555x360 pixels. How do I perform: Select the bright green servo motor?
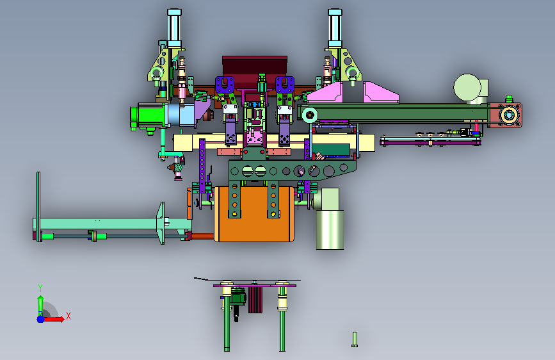(150, 115)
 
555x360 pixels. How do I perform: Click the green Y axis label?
(40, 288)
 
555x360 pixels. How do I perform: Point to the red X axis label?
(68, 316)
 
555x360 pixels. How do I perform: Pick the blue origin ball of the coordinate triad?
(41, 319)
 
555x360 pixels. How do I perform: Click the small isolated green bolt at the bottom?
(354, 340)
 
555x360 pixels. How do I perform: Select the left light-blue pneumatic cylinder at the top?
(175, 28)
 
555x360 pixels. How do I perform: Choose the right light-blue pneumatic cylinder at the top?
(335, 28)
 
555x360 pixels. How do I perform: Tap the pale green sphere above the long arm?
(467, 87)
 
